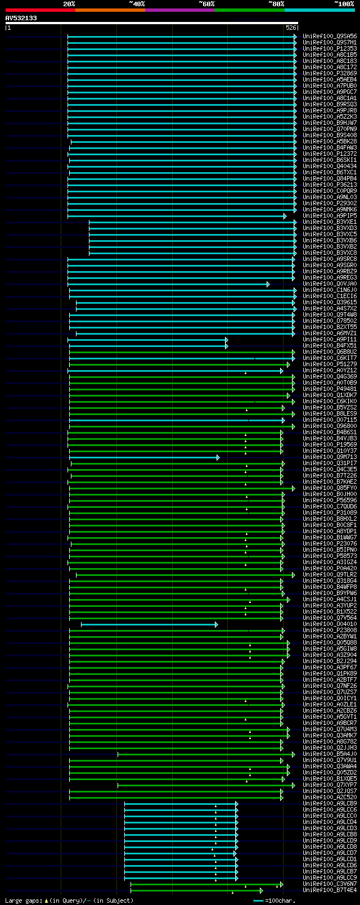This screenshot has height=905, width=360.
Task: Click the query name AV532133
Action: [x=21, y=18]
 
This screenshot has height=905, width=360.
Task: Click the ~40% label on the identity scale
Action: [x=137, y=4]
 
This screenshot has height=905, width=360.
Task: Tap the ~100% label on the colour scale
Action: [x=344, y=4]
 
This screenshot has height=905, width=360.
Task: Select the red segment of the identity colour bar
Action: [x=40, y=10]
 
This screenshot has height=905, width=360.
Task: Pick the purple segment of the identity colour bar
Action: [x=179, y=10]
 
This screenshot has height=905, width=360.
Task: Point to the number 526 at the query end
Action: [x=291, y=27]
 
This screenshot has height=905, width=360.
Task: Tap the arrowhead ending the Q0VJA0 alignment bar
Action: [x=268, y=284]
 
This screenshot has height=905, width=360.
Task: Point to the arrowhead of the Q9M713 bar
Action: [x=218, y=457]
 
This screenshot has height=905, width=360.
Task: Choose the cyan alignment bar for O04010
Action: [x=148, y=624]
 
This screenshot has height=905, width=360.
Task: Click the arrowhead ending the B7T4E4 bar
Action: [x=261, y=890]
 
